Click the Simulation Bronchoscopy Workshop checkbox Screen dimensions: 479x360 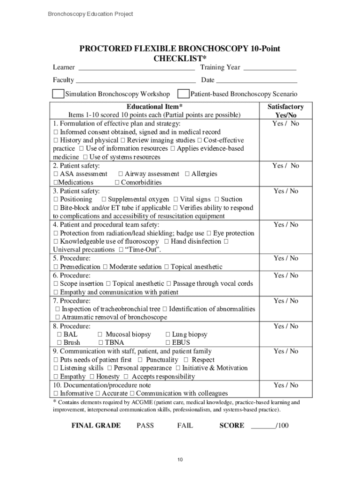[x=58, y=94]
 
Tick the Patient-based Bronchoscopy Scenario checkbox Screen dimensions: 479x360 [x=184, y=94]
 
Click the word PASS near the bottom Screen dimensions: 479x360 [x=145, y=425]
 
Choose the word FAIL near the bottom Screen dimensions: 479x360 [x=185, y=425]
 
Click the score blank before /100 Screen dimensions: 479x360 [x=263, y=426]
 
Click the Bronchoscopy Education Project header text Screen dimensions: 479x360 [x=90, y=14]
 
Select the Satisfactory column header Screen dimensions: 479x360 [x=286, y=107]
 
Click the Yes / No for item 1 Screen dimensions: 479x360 [x=286, y=123]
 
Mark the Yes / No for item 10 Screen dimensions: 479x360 [x=286, y=385]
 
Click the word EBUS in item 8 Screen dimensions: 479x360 [x=181, y=343]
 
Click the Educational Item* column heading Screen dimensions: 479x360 [x=154, y=107]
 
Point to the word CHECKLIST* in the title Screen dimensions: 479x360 [x=180, y=58]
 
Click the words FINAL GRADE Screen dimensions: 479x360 [x=96, y=425]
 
